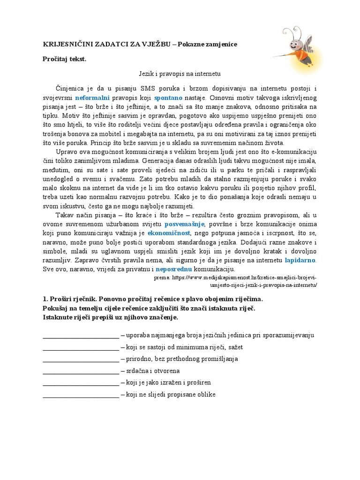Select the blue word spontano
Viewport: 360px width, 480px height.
pyautogui.click(x=168, y=98)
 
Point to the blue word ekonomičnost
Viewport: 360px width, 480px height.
pyautogui.click(x=169, y=233)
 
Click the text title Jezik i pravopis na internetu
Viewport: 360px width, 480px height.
pyautogui.click(x=180, y=74)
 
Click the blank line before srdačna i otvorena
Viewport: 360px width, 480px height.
pyautogui.click(x=81, y=371)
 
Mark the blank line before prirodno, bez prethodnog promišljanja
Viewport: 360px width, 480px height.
pyautogui.click(x=81, y=360)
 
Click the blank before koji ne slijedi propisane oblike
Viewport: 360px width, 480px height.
pyautogui.click(x=81, y=395)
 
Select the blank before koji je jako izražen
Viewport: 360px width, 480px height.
pyautogui.click(x=81, y=383)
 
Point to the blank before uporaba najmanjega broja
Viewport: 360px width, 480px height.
pyautogui.click(x=81, y=336)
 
